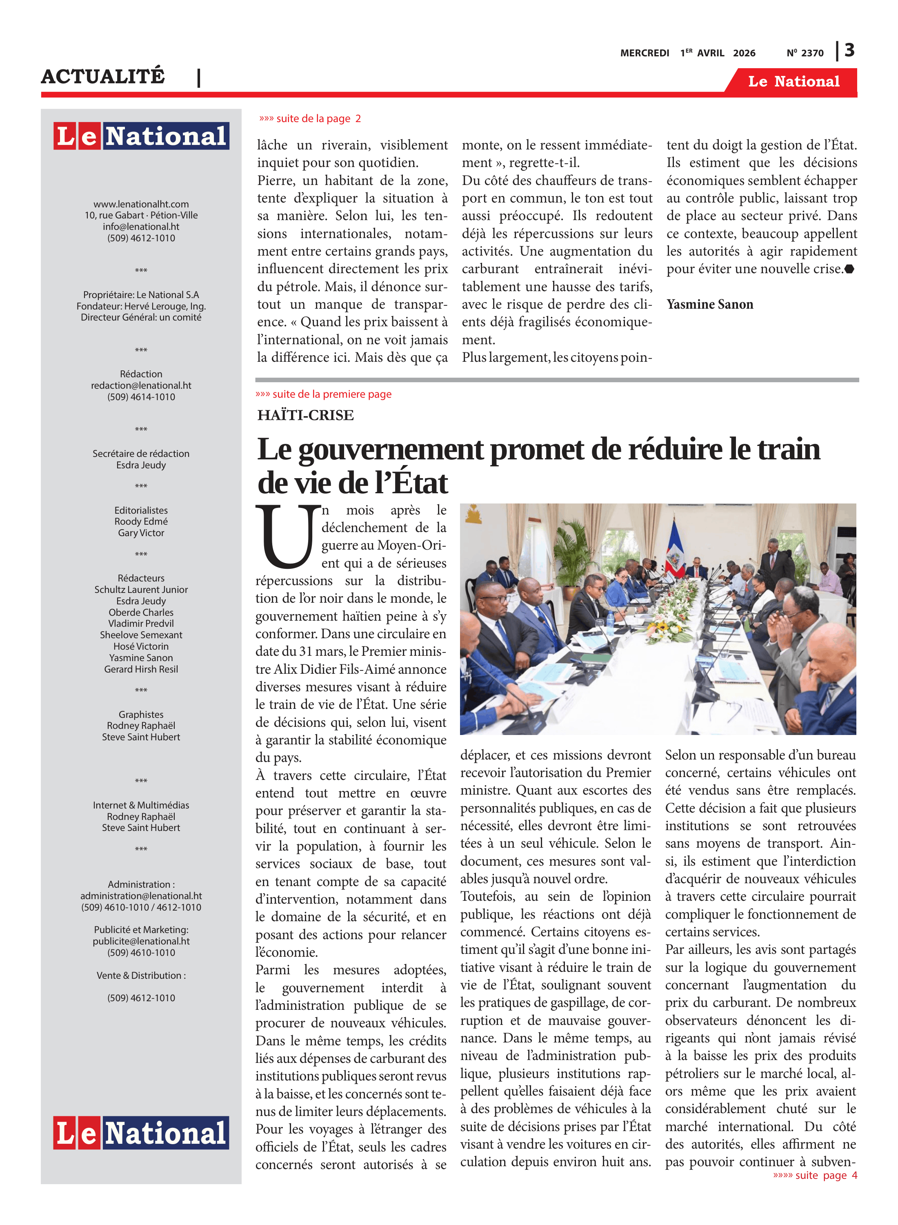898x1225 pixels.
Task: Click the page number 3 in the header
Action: tap(849, 51)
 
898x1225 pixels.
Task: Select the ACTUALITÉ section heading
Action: tap(103, 76)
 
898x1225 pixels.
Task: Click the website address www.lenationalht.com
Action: tap(141, 204)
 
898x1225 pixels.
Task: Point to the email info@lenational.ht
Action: tap(141, 227)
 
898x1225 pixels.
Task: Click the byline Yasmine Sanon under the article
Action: tap(709, 305)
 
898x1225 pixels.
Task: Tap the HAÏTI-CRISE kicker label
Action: tap(305, 415)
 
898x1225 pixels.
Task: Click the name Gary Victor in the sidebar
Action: tap(141, 533)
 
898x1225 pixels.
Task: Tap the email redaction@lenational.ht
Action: tap(141, 385)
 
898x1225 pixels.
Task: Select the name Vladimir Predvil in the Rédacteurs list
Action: tap(141, 624)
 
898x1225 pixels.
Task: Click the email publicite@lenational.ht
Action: tap(141, 941)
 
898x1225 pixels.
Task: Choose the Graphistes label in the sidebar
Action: tap(141, 715)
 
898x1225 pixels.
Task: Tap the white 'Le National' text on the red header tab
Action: tap(793, 82)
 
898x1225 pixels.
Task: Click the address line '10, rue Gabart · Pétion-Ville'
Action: tap(141, 215)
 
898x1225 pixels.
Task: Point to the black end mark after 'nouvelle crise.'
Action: tap(849, 269)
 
